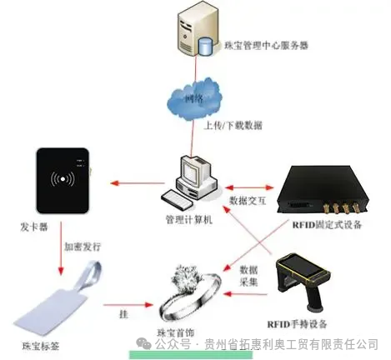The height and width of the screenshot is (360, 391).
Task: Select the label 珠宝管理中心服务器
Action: click(x=261, y=47)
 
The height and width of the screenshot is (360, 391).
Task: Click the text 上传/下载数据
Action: click(x=233, y=125)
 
